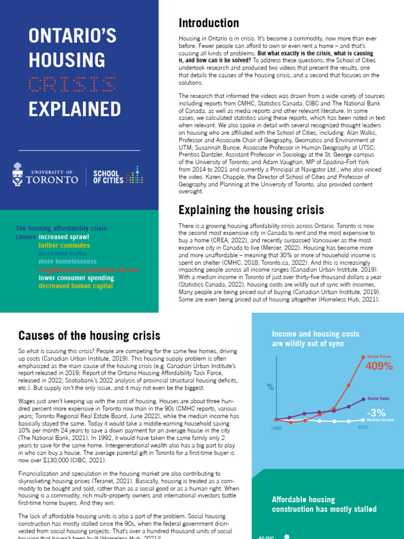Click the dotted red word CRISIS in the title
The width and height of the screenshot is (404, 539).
[72, 84]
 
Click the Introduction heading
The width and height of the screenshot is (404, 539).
[208, 23]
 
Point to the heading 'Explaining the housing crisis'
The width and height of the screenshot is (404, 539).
[251, 211]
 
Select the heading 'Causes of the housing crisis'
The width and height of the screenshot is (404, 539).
[89, 335]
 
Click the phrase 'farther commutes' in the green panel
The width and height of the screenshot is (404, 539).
[64, 245]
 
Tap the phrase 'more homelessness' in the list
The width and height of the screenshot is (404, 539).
[67, 261]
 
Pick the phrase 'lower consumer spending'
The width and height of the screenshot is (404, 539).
[76, 277]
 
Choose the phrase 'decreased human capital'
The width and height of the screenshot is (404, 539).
[76, 286]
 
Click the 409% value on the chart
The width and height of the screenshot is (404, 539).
[379, 366]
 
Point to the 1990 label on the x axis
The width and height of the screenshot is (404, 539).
[277, 429]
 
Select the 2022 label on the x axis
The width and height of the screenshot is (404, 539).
[363, 427]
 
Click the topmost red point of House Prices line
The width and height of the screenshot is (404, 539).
[363, 357]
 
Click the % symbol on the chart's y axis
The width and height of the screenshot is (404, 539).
[270, 387]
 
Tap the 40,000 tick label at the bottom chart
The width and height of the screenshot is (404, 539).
[266, 537]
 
